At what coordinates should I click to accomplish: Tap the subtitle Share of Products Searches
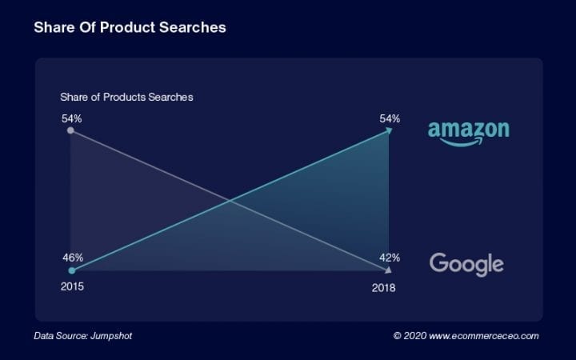coord(126,97)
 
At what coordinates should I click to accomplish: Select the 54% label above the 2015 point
coord(71,118)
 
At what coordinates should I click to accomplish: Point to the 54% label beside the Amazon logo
coord(390,118)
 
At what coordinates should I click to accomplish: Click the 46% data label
coord(71,258)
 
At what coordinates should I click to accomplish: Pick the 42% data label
coord(390,258)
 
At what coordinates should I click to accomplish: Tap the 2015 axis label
coord(71,286)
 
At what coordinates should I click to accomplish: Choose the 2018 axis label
coord(383,287)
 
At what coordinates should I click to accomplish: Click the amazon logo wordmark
coord(468,130)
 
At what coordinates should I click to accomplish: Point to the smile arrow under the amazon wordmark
coord(468,143)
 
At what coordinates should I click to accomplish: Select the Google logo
coord(466,264)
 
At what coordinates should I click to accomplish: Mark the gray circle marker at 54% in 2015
coord(71,130)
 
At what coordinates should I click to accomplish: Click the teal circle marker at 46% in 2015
coord(71,270)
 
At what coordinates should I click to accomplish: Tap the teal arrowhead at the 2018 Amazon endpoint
coord(388,130)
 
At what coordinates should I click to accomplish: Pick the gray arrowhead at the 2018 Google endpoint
coord(388,270)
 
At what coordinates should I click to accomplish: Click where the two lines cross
coord(230,200)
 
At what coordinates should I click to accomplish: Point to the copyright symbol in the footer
coord(398,336)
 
